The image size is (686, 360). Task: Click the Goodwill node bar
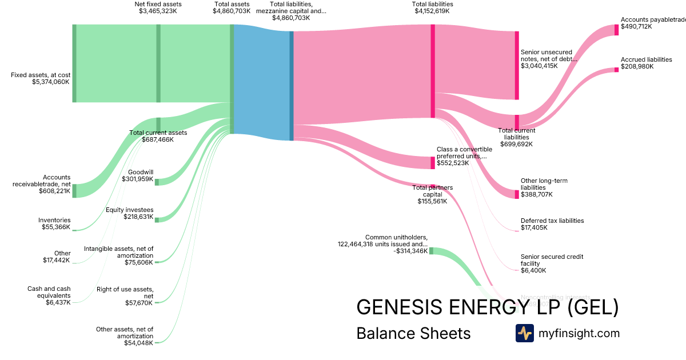[157, 182]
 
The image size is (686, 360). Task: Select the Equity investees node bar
[157, 219]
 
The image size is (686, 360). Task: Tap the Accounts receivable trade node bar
[74, 191]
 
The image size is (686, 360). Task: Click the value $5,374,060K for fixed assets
[51, 82]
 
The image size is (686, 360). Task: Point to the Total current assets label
[158, 133]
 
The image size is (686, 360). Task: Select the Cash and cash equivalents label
[49, 289]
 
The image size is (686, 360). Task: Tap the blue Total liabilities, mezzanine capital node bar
[292, 86]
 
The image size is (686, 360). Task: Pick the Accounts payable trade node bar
[616, 30]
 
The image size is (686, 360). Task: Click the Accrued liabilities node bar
[616, 70]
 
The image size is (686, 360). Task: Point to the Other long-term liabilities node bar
[517, 194]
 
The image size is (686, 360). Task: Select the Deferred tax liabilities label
[552, 221]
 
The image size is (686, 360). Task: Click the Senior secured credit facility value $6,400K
[533, 271]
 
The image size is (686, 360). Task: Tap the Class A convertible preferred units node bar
[433, 163]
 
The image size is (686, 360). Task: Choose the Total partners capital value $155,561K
[432, 201]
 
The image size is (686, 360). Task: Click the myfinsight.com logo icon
[525, 333]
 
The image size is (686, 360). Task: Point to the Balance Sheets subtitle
[413, 333]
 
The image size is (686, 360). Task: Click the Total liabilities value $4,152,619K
[432, 11]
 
